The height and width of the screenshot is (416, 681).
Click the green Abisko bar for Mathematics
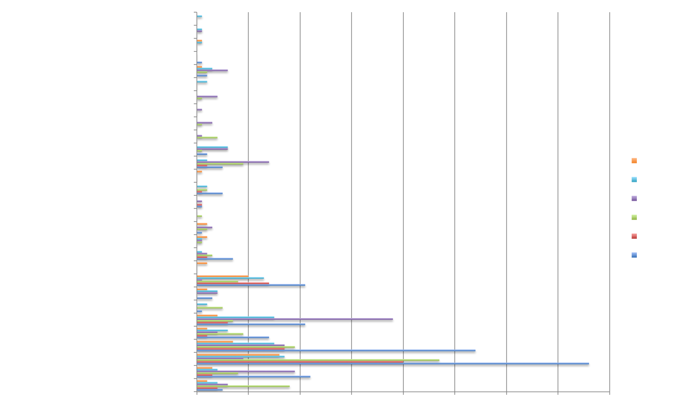click(x=243, y=386)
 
